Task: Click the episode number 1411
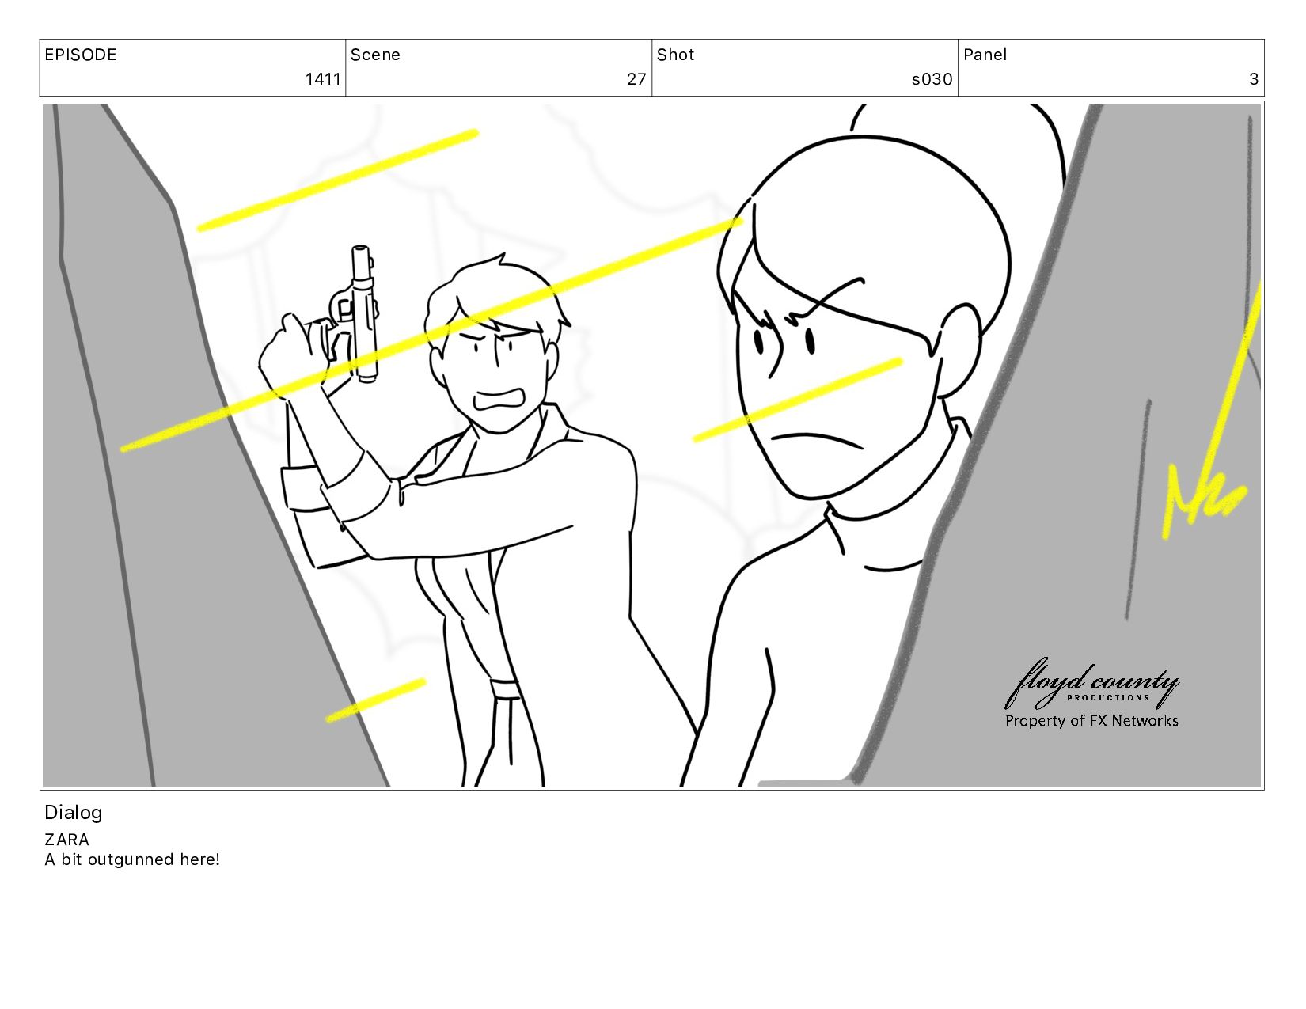click(x=323, y=78)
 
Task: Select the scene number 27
click(x=636, y=78)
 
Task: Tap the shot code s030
click(x=932, y=78)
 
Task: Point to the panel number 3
click(x=1254, y=78)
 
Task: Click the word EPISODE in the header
click(x=81, y=55)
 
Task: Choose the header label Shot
click(x=675, y=55)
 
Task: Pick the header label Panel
click(x=985, y=55)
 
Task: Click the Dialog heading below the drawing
click(x=74, y=813)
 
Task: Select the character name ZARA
click(x=66, y=840)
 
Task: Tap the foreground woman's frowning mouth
click(x=816, y=441)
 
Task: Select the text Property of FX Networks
click(x=1091, y=720)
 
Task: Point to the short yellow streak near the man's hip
click(x=376, y=700)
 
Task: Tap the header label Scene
click(x=375, y=55)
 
